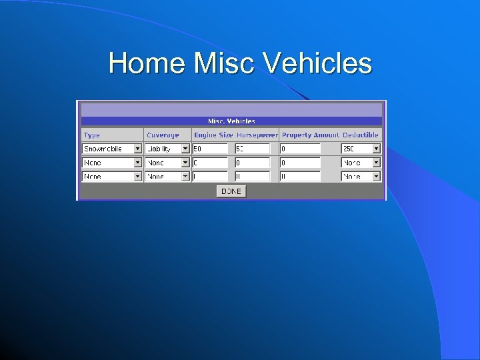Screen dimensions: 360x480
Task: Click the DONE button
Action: click(231, 191)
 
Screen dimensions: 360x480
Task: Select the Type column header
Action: click(92, 135)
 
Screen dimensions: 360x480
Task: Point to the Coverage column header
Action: click(163, 135)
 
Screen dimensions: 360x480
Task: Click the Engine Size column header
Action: click(213, 135)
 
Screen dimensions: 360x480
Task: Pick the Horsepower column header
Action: click(257, 135)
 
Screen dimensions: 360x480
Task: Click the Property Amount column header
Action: click(310, 135)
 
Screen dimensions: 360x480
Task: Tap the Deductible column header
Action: click(361, 135)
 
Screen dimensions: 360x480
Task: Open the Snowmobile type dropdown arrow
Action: click(138, 149)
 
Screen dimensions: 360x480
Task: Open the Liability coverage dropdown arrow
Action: click(185, 149)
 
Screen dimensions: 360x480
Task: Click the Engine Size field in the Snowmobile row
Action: click(210, 149)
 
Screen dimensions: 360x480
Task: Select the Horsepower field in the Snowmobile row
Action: click(252, 149)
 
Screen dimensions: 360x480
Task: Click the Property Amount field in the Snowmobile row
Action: click(299, 149)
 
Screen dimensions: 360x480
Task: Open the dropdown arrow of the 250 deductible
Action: click(376, 149)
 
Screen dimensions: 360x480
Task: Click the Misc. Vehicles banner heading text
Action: click(231, 121)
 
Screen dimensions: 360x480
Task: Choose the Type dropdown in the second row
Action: click(112, 163)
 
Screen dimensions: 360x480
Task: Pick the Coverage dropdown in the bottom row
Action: click(167, 177)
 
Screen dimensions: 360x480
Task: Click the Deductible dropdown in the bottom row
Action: click(361, 177)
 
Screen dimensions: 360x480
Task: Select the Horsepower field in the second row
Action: click(252, 163)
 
